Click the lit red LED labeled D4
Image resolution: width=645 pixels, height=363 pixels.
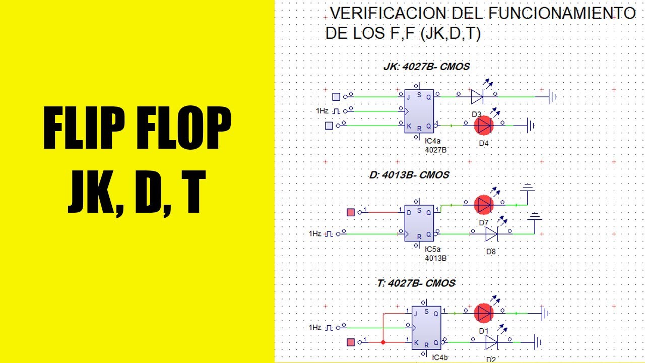pos(484,126)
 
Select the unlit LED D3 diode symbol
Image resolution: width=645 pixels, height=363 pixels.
pos(477,96)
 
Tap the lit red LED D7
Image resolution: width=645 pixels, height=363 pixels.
pos(484,205)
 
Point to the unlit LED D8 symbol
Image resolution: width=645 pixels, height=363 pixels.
pos(491,233)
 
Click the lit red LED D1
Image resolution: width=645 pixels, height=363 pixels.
pos(484,313)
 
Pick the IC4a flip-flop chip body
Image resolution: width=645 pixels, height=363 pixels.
pos(419,111)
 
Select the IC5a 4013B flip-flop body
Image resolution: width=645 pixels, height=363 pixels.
pos(419,223)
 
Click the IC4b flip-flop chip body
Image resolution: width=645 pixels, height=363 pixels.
pos(426,328)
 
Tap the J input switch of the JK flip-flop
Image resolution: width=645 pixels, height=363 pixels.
pos(336,96)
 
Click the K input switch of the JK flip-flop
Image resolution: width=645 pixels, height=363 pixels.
pos(329,126)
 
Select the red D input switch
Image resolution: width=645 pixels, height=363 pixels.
pos(351,212)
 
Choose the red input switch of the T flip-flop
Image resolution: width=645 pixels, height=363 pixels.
pos(351,342)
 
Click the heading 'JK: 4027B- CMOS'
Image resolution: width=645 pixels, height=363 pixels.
pos(426,67)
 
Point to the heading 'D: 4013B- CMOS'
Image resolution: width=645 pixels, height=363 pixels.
pos(409,175)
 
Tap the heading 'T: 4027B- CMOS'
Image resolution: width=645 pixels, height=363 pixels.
pos(416,283)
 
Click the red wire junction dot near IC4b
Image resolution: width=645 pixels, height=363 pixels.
pos(383,342)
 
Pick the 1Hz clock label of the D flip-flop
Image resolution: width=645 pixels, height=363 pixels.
pos(315,233)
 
